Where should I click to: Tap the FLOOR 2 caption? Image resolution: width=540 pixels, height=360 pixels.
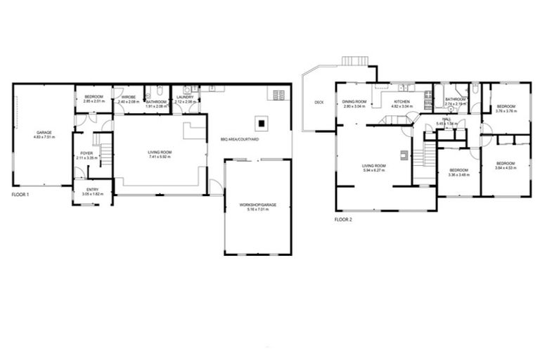[343, 219]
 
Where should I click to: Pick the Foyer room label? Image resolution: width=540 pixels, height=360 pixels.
[86, 155]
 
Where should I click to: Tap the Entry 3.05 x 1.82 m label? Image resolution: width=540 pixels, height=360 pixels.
[93, 191]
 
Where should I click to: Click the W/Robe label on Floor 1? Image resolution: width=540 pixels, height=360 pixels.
[127, 99]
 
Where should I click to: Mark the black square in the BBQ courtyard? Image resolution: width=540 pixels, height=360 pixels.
[262, 124]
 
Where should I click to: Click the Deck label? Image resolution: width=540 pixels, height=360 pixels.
[319, 103]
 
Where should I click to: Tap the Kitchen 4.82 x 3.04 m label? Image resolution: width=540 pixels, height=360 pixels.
[401, 104]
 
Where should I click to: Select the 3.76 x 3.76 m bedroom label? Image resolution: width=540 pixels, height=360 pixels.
[506, 108]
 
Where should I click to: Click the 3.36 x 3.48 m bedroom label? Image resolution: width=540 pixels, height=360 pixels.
[459, 172]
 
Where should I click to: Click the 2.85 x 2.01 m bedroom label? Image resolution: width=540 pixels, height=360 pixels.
[94, 99]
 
